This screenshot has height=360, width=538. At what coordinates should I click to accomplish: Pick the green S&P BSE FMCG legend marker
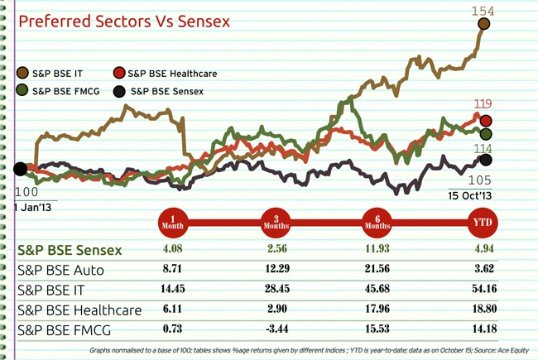(23, 90)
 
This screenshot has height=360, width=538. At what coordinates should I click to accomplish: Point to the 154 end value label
(483, 10)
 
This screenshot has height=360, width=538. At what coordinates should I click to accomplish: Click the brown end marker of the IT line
(484, 25)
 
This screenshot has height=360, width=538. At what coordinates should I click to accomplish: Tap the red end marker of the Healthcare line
(486, 120)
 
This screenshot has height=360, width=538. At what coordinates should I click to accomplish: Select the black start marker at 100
(19, 170)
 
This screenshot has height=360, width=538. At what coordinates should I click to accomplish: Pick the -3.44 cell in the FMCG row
(275, 331)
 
